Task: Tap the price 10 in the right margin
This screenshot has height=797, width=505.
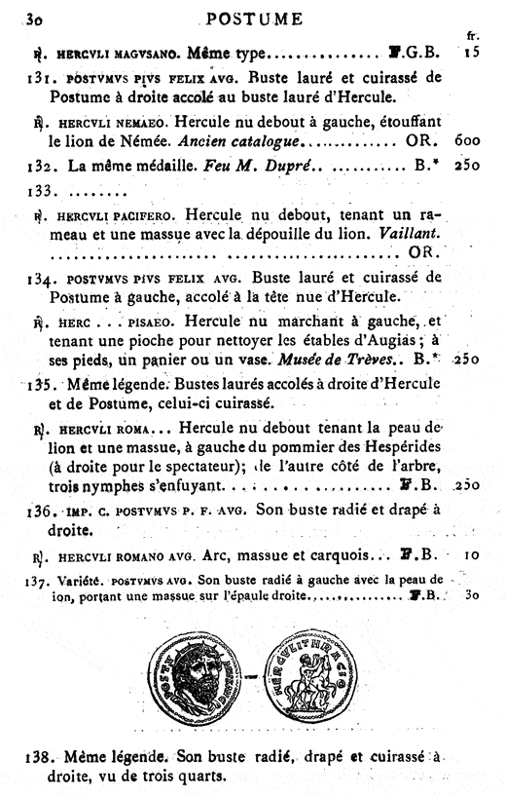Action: click(x=471, y=556)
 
